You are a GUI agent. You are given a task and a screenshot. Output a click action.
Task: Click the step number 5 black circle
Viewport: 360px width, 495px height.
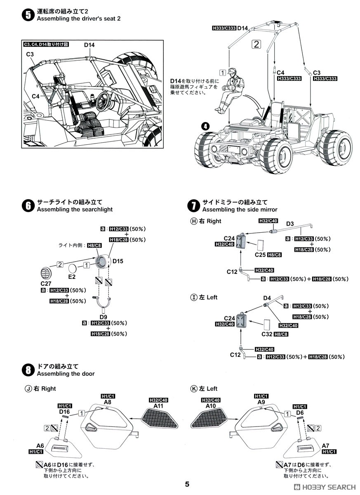28,15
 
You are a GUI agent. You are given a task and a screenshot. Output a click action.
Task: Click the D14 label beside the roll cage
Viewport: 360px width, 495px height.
242,28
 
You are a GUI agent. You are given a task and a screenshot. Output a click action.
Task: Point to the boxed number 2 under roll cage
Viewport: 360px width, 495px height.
256,44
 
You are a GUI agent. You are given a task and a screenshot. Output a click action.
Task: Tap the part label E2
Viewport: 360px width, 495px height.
72,276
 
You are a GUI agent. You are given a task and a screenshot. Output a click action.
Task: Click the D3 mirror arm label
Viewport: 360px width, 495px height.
289,224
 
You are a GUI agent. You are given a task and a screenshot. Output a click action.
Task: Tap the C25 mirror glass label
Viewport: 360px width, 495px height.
260,255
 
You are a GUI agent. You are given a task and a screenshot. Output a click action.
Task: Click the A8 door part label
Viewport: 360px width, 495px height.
108,402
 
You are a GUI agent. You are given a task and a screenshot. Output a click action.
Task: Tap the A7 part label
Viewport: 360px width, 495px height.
326,445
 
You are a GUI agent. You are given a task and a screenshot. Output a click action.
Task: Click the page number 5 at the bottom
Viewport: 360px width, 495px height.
187,484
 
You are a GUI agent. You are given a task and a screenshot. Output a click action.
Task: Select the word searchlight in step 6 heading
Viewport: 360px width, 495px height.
97,210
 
